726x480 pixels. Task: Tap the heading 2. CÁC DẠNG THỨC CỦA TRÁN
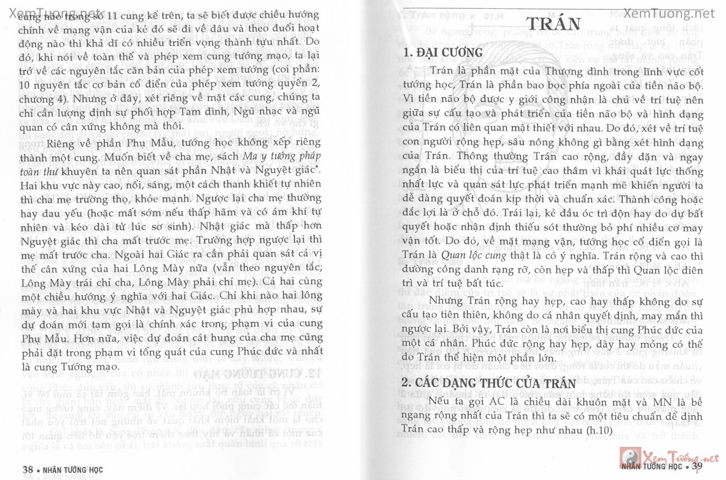point(489,383)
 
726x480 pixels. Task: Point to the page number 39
point(697,468)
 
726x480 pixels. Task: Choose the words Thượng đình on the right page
point(560,70)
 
